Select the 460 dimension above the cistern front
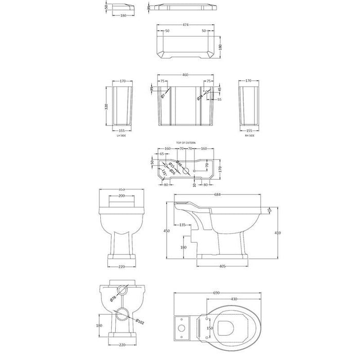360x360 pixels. coord(186,75)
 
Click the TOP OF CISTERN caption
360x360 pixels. coord(186,142)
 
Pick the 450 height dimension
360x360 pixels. coord(167,231)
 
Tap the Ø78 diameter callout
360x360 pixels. coord(114,299)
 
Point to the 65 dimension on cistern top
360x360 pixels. coord(163,154)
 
